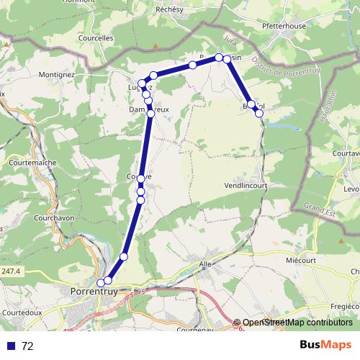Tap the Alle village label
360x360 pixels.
pos(205,264)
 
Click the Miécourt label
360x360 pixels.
pos(301,259)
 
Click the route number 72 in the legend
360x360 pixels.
pos(27,346)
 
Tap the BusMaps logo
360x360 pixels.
pos(326,344)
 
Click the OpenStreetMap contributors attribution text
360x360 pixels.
pos(297,323)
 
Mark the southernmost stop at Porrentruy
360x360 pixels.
pos(101,283)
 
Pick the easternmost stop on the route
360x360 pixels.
pos(259,113)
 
